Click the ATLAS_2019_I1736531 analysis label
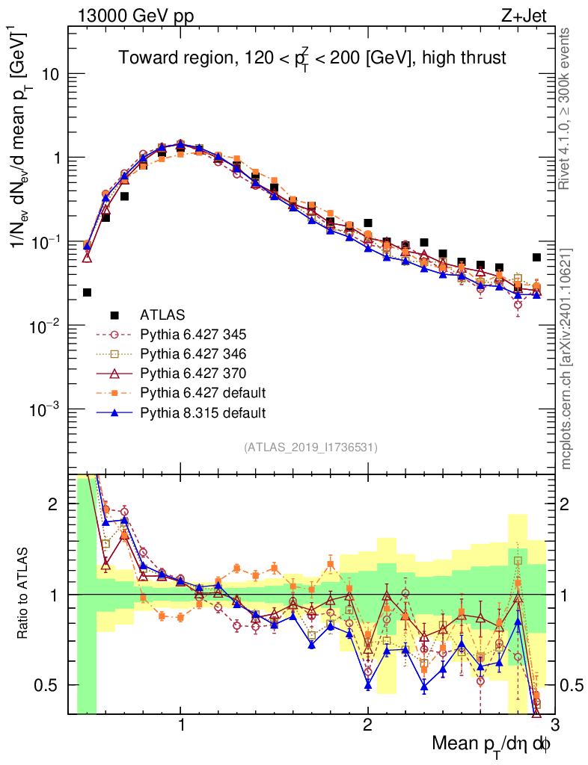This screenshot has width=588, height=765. pyautogui.click(x=310, y=447)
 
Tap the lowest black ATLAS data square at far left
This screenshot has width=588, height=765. pyautogui.click(x=87, y=292)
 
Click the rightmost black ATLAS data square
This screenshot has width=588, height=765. pyautogui.click(x=536, y=257)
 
